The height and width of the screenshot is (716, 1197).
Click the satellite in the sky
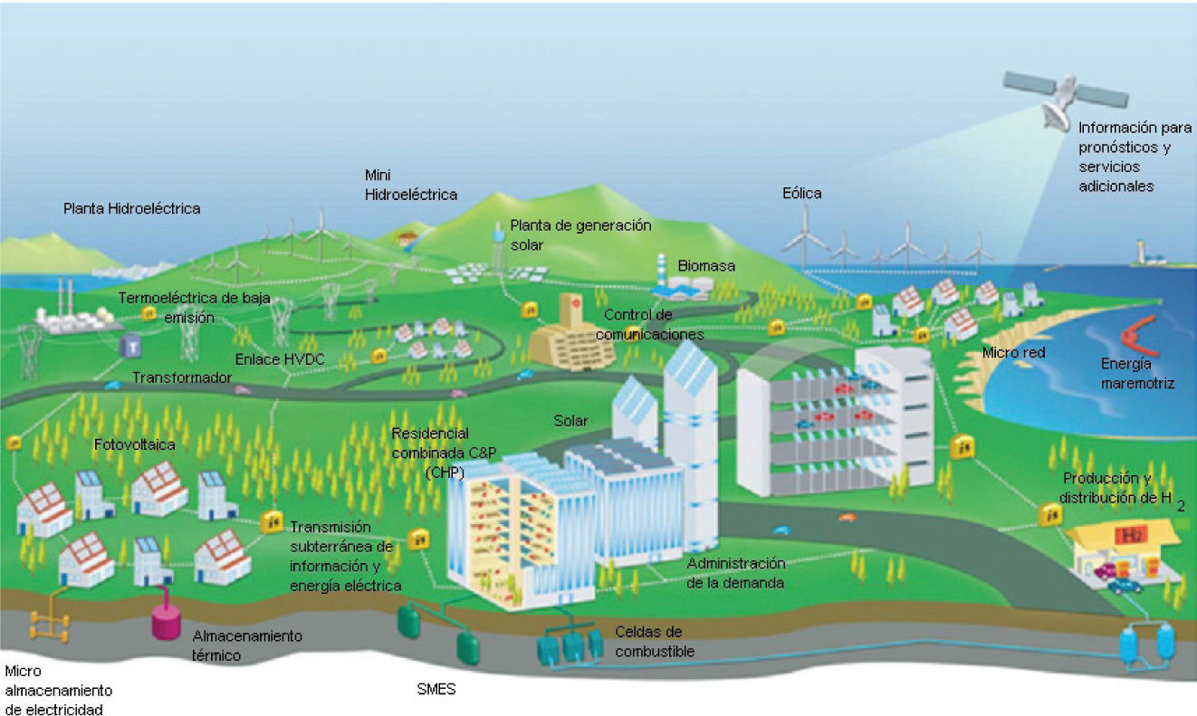coord(1065,95)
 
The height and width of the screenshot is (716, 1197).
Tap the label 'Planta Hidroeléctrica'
coord(131,208)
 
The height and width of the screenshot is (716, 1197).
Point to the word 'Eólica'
coord(801,193)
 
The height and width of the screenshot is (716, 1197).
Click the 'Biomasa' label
coord(706,266)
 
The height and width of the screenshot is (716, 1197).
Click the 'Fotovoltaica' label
coord(134,445)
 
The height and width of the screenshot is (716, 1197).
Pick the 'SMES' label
coord(436,691)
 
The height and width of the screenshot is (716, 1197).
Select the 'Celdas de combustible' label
coord(648,641)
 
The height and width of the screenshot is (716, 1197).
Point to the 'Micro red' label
coord(1013,352)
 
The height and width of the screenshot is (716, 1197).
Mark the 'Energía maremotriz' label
coord(1137,374)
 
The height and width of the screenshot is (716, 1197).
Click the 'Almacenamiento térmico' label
coord(246,644)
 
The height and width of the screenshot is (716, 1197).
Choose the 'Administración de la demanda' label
coord(734,573)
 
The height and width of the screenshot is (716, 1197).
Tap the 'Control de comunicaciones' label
coord(650,324)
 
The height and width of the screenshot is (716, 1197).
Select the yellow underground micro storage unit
coord(50,624)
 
